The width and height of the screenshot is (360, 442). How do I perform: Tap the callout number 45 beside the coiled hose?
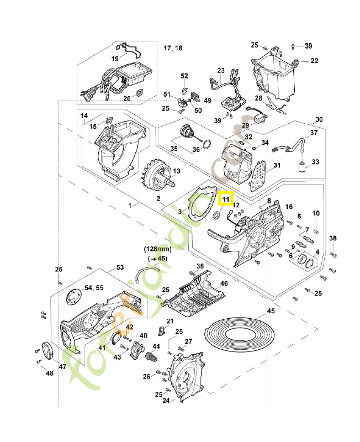pyautogui.click(x=271, y=312)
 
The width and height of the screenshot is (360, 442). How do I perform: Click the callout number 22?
pyautogui.click(x=314, y=60)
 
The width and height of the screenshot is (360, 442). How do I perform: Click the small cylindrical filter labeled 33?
pyautogui.click(x=303, y=167)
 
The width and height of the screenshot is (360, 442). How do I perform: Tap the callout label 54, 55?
pyautogui.click(x=93, y=288)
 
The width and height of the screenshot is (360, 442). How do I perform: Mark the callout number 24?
pyautogui.click(x=166, y=402)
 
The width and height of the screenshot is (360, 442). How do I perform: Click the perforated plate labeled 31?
pyautogui.click(x=258, y=177)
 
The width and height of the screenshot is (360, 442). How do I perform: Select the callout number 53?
pyautogui.click(x=120, y=267)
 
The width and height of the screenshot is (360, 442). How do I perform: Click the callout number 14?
pyautogui.click(x=84, y=115)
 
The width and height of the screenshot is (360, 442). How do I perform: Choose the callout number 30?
pyautogui.click(x=319, y=119)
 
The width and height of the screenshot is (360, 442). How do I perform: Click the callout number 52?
pyautogui.click(x=184, y=76)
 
